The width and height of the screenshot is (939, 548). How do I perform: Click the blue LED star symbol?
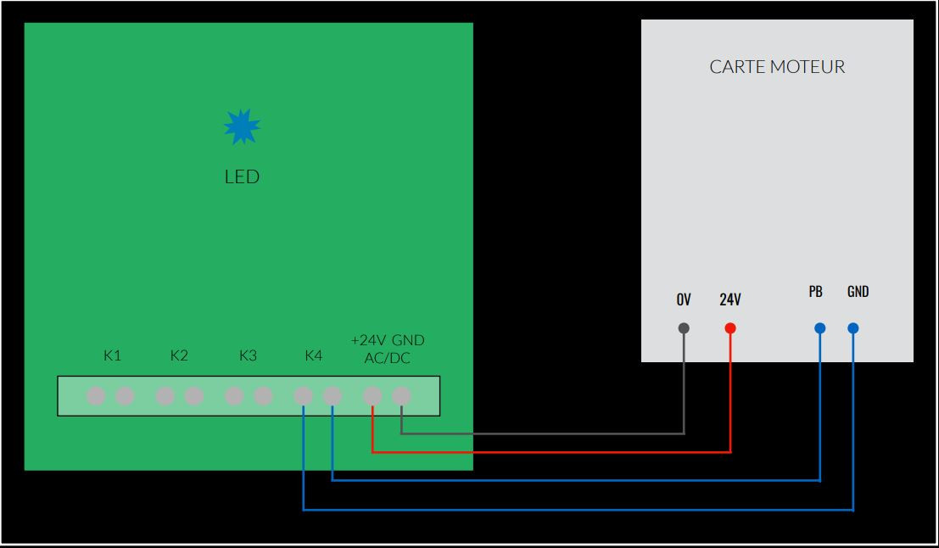pyautogui.click(x=242, y=127)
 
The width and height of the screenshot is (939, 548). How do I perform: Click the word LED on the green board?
pyautogui.click(x=242, y=177)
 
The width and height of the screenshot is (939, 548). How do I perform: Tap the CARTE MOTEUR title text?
pyautogui.click(x=777, y=67)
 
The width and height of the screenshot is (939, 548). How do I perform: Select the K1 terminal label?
pyautogui.click(x=112, y=355)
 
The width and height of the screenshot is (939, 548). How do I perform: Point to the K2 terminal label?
pyautogui.click(x=179, y=355)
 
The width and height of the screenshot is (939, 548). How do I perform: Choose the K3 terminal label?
pyautogui.click(x=248, y=355)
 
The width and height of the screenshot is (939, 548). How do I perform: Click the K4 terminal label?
pyautogui.click(x=313, y=355)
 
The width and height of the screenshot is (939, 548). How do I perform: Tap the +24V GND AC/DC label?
pyautogui.click(x=387, y=349)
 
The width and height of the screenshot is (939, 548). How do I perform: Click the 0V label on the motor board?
pyautogui.click(x=684, y=300)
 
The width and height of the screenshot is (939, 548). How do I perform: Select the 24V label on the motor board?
pyautogui.click(x=730, y=300)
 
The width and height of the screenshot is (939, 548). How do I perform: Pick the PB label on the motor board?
pyautogui.click(x=815, y=292)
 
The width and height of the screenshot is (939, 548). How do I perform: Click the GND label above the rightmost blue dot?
pyautogui.click(x=858, y=292)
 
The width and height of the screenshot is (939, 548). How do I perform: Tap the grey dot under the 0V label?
pyautogui.click(x=685, y=328)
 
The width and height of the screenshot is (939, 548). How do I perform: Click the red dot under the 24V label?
pyautogui.click(x=730, y=328)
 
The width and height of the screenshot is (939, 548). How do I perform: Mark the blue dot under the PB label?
pyautogui.click(x=819, y=328)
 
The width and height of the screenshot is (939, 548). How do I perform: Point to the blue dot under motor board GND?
pyautogui.click(x=853, y=328)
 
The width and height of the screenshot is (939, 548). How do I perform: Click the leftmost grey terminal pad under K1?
pyautogui.click(x=96, y=395)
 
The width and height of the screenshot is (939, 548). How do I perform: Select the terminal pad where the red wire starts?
pyautogui.click(x=372, y=395)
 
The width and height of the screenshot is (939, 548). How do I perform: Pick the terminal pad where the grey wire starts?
pyautogui.click(x=401, y=395)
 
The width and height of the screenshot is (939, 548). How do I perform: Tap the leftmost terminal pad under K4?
pyautogui.click(x=303, y=395)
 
